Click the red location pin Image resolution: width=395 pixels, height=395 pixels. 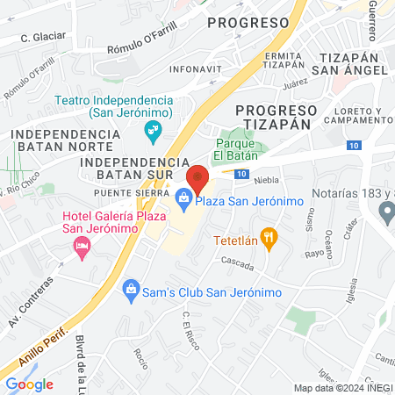click(x=197, y=179)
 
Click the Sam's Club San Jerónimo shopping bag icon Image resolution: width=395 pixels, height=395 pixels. click(x=131, y=288)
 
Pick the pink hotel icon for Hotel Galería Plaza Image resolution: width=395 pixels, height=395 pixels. click(x=82, y=248)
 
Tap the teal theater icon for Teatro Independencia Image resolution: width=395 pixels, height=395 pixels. click(x=153, y=132)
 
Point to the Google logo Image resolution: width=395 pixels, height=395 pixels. click(x=29, y=384)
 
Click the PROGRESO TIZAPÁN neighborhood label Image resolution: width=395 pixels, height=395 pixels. click(x=276, y=117)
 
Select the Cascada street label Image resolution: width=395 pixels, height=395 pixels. click(x=237, y=263)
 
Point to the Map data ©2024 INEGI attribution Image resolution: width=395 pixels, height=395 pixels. click(x=343, y=388)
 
